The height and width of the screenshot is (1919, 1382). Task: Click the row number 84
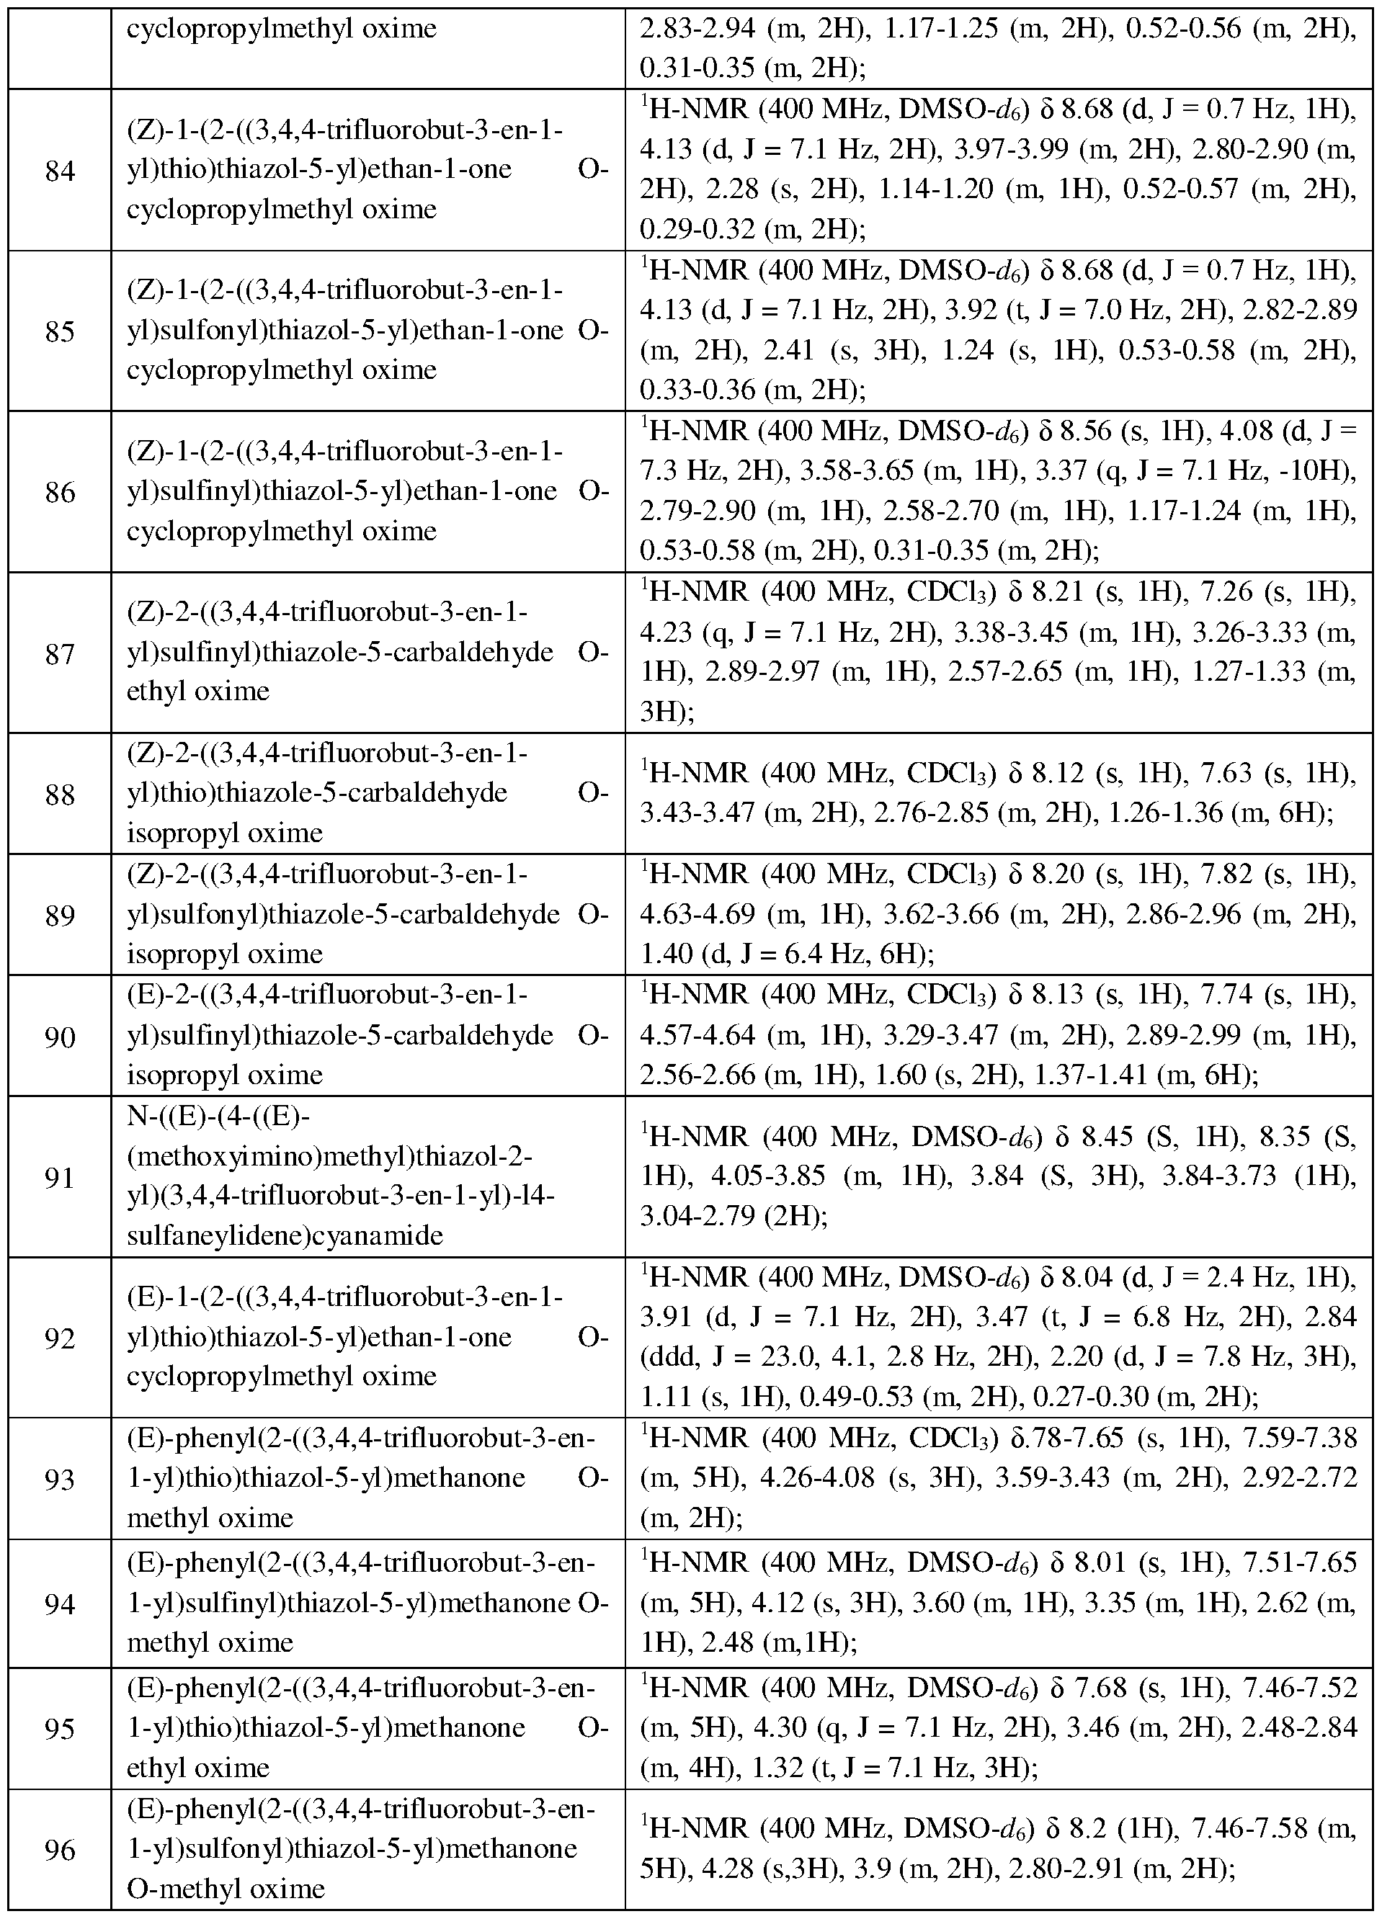pyautogui.click(x=59, y=171)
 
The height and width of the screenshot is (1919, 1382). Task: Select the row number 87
pyautogui.click(x=59, y=653)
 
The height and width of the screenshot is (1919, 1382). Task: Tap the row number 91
pyautogui.click(x=59, y=1177)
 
